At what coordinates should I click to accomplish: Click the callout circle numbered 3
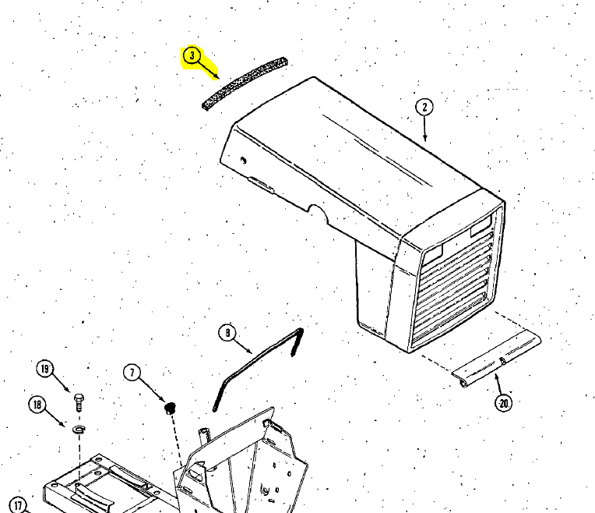(192, 56)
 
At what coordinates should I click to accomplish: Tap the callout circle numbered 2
(424, 107)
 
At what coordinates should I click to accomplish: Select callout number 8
(227, 333)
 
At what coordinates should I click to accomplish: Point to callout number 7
(132, 373)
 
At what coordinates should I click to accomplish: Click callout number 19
(45, 369)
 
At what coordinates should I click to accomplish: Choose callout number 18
(37, 405)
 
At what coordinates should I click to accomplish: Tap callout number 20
(504, 403)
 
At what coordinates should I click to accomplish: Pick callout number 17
(17, 504)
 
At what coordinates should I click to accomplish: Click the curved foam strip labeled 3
(245, 83)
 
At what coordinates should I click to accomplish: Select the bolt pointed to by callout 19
(79, 402)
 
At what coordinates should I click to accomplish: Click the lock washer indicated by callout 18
(79, 429)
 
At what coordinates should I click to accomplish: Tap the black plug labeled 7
(170, 408)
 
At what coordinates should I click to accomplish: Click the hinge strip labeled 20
(496, 359)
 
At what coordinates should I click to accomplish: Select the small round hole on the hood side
(243, 161)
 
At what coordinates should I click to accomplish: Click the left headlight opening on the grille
(432, 254)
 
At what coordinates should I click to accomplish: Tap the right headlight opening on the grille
(481, 225)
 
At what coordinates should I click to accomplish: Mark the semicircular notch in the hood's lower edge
(318, 212)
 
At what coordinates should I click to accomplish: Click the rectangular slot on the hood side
(261, 183)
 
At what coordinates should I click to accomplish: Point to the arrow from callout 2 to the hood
(424, 129)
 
